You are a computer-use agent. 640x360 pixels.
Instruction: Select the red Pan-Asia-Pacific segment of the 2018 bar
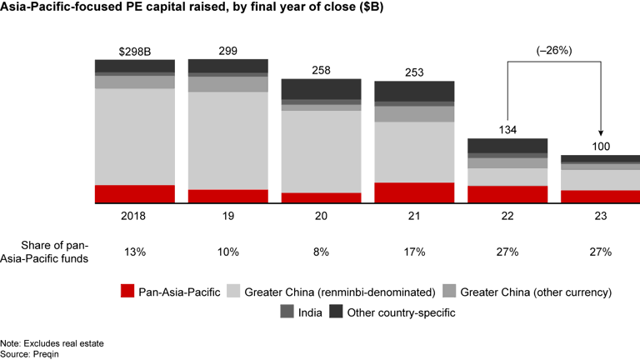134,193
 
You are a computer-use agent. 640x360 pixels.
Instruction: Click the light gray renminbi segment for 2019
227,140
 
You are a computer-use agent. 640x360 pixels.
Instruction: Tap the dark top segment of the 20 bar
321,89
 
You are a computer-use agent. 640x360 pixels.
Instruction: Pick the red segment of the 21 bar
414,192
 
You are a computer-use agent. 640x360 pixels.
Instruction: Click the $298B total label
134,52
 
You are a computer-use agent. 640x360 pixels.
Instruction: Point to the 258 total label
321,71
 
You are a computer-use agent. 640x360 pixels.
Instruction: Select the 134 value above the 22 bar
507,130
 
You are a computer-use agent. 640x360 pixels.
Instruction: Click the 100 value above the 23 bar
600,147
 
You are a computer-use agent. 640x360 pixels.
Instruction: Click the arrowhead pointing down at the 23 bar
600,133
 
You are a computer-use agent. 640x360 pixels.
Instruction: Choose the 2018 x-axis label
134,215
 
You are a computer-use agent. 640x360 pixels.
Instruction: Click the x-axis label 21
414,215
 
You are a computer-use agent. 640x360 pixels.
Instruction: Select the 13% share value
134,252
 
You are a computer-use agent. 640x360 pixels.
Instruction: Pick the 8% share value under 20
321,252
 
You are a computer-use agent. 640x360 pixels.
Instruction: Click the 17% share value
414,252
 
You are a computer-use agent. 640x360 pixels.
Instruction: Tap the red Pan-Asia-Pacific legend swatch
127,292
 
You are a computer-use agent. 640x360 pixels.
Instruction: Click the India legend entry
305,312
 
